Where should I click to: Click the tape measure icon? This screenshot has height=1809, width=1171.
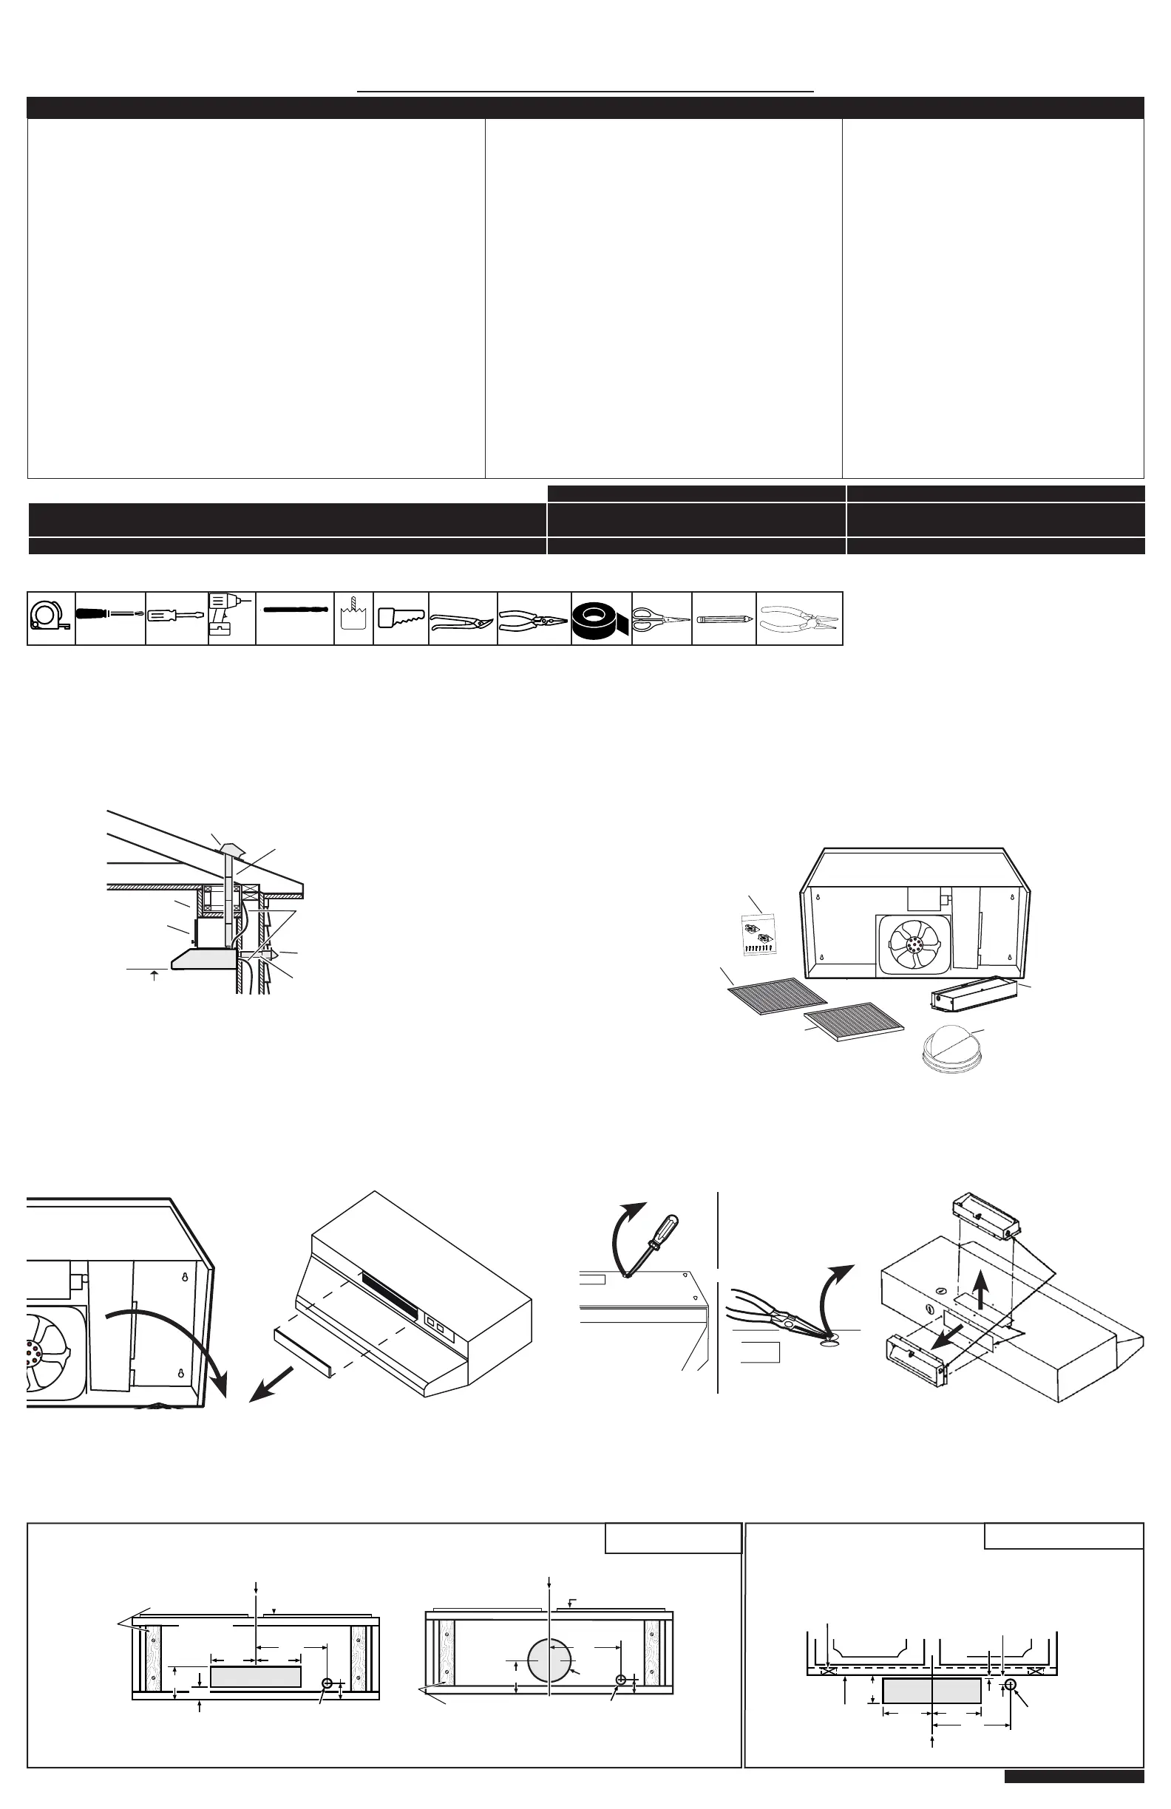point(50,619)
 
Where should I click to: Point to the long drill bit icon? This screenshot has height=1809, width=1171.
point(294,611)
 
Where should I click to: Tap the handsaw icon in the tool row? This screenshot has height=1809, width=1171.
point(401,618)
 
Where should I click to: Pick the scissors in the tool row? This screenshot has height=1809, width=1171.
point(661,618)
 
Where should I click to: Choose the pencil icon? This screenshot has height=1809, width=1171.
point(723,619)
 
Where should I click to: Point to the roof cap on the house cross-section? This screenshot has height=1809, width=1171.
point(228,847)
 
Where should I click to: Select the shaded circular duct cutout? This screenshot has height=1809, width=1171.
point(549,1660)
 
